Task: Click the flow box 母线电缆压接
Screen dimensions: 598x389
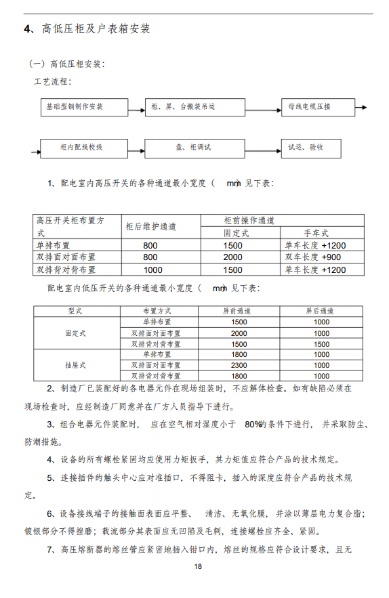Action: point(310,107)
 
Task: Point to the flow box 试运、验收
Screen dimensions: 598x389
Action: point(306,147)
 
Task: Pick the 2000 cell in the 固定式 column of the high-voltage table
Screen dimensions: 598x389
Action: point(232,257)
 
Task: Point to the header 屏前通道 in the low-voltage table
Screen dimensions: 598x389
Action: point(239,310)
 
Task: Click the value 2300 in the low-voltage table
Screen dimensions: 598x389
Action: point(239,364)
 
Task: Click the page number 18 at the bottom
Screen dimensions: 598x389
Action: point(198,566)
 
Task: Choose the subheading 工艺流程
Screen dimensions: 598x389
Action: point(53,82)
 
